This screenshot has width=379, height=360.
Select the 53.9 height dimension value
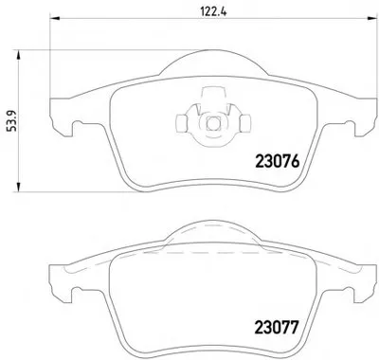(x=11, y=120)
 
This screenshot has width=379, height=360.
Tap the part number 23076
(x=277, y=162)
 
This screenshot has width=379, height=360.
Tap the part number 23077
(x=277, y=327)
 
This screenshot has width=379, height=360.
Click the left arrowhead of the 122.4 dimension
(x=55, y=19)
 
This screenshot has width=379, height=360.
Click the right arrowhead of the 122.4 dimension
(x=372, y=19)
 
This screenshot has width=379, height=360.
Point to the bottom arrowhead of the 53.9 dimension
(x=19, y=187)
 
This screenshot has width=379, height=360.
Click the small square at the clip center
(x=211, y=123)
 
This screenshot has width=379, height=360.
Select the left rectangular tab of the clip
(x=181, y=123)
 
